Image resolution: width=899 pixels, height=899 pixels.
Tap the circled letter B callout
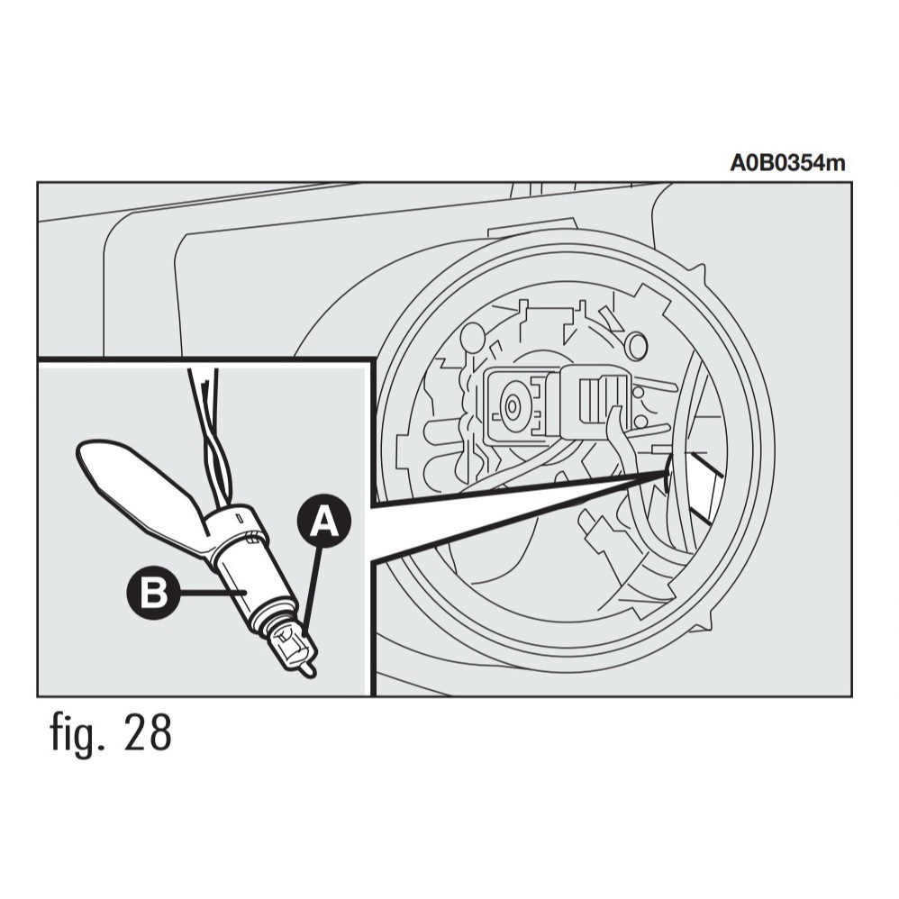pyautogui.click(x=156, y=593)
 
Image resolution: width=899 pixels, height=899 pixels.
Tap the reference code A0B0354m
pyautogui.click(x=787, y=163)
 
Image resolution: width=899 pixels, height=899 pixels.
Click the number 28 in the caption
pyautogui.click(x=143, y=733)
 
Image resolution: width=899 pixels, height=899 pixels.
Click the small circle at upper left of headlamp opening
pyautogui.click(x=472, y=341)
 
